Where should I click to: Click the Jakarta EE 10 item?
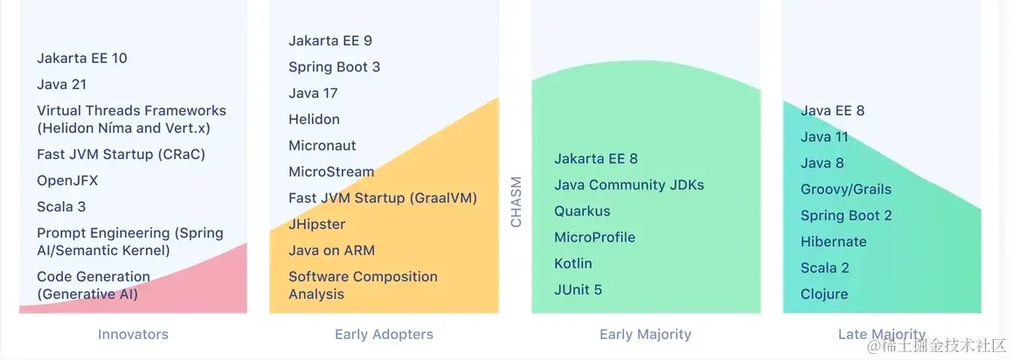point(82,58)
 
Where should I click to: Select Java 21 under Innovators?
point(61,85)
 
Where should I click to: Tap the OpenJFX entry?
point(67,181)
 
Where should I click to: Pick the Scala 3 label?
point(61,207)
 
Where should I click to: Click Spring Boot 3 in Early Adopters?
point(335,67)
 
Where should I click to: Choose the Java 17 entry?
point(313,93)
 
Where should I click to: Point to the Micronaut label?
point(322,146)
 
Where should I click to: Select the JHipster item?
point(317,225)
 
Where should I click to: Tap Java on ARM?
point(332,251)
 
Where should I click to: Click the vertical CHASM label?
point(516,203)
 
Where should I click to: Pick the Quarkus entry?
point(582,211)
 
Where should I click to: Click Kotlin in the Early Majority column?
point(573,264)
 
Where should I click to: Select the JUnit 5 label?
point(579,290)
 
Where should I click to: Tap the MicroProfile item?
point(595,238)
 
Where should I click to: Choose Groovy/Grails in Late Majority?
point(846,190)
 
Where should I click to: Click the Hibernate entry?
point(834,242)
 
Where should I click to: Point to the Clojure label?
point(824,294)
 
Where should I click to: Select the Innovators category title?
point(133,334)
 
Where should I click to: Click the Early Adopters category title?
point(384,334)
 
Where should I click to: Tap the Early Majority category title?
point(646,334)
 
